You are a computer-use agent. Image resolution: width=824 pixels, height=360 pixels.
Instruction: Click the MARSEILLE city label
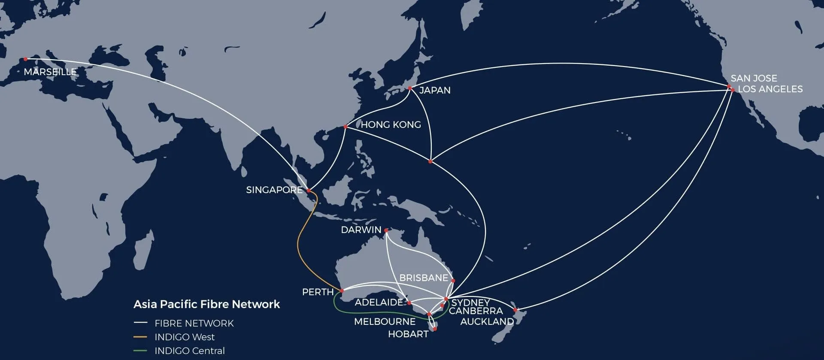pos(50,72)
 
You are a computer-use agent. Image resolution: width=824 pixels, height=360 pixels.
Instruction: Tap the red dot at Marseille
pos(26,59)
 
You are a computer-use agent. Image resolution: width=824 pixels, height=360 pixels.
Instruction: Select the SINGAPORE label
pos(274,190)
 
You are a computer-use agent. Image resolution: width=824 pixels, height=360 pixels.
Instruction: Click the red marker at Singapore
pos(309,190)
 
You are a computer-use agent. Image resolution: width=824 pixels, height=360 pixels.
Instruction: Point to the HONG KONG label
pos(391,124)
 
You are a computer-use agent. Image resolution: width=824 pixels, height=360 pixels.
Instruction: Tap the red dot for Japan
pos(410,88)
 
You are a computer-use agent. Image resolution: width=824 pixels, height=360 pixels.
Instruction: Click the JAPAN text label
pos(435,90)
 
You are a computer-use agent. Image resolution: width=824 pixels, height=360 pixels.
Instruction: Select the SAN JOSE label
pos(754,78)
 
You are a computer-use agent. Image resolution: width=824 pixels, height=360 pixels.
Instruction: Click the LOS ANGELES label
pos(770,89)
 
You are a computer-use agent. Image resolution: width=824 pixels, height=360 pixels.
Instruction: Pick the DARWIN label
pos(361,230)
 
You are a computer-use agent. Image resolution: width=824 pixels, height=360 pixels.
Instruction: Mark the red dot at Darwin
pos(386,230)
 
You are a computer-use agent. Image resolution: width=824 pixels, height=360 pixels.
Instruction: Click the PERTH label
pos(318,292)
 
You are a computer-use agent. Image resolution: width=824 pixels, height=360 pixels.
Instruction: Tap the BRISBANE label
pos(424,278)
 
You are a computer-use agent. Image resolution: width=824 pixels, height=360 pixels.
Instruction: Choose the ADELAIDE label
pos(379,302)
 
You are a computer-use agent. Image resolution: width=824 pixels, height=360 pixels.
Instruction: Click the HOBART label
pos(408,334)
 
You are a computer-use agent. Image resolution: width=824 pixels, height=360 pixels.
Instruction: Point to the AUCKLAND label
pos(487,321)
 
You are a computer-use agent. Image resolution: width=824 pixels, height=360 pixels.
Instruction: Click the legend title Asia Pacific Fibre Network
pos(206,304)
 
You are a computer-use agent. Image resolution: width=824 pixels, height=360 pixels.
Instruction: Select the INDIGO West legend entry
pos(185,337)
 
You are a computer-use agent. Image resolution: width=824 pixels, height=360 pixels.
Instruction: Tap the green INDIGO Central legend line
pos(140,351)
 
